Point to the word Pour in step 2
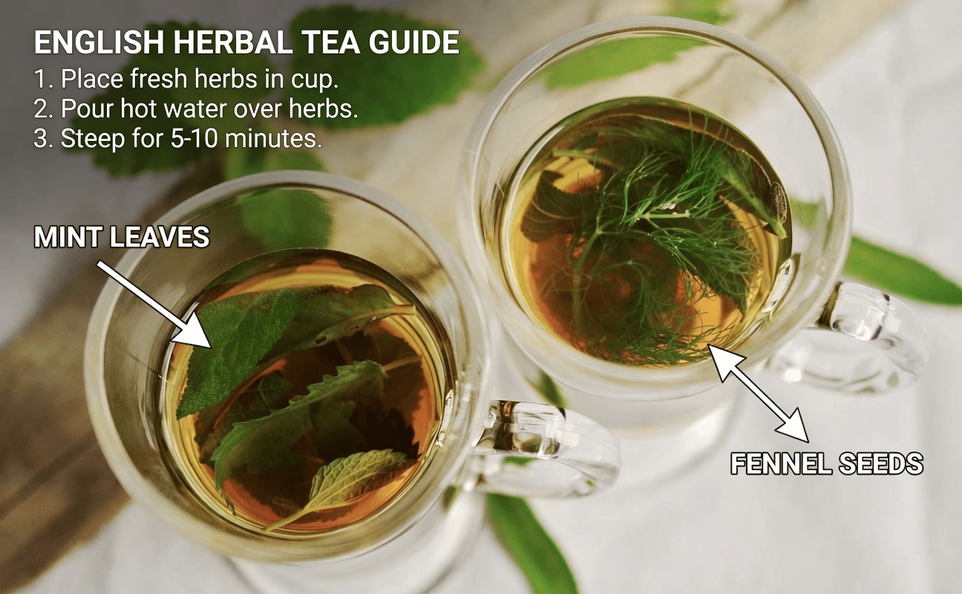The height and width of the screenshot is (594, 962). point(82,109)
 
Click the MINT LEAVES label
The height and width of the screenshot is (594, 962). point(121,238)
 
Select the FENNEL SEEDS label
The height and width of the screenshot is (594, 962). point(827,464)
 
